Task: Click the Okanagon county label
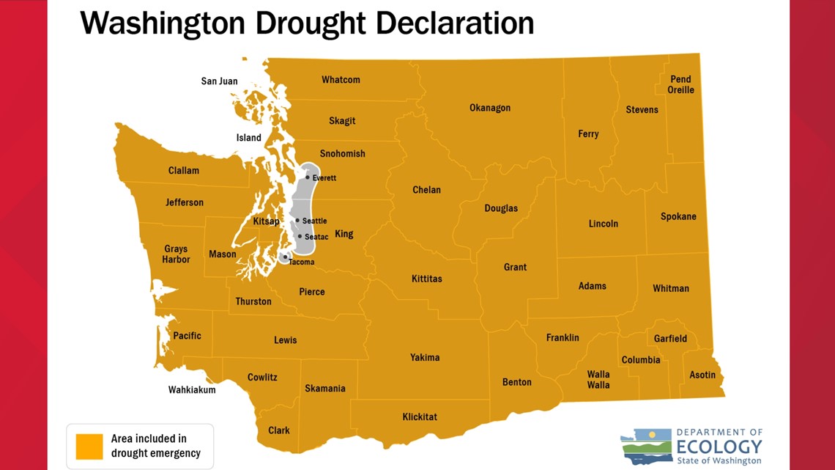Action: [489, 108]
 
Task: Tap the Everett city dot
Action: [308, 177]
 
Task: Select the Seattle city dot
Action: [297, 221]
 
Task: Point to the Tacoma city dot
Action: [284, 257]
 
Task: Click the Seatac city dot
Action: [300, 236]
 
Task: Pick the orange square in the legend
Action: [89, 446]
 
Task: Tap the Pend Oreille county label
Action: [680, 84]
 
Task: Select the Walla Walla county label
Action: [598, 380]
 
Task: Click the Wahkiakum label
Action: [192, 390]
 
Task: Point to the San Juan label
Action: [219, 81]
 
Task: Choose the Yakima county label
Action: [425, 357]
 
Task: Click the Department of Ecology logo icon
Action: [646, 447]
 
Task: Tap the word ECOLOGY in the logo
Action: [719, 447]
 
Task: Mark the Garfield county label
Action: [670, 338]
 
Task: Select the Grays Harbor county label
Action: [176, 254]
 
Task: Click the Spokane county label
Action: [678, 216]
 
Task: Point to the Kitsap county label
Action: [267, 221]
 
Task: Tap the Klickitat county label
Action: [420, 416]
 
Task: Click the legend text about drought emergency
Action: [155, 446]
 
